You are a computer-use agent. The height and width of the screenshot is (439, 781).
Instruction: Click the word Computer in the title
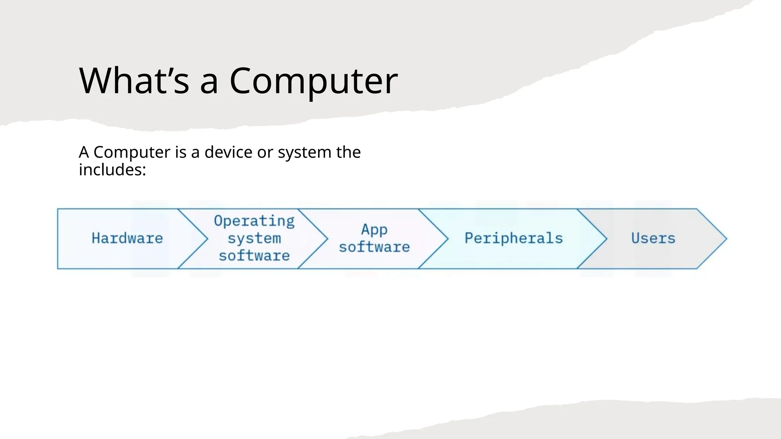pos(313,81)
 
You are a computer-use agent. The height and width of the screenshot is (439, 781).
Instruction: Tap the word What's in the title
pos(134,81)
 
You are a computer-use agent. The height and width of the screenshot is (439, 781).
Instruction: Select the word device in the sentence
pos(228,152)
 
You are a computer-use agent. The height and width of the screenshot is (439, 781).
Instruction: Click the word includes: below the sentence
pos(112,170)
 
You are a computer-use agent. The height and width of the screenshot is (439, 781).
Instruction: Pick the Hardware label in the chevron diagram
pos(127,239)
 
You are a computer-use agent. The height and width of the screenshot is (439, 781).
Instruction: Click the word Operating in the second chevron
pos(254,221)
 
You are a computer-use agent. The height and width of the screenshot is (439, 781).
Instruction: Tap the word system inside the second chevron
pos(254,239)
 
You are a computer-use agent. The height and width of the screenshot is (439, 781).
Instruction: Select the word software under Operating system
pos(254,256)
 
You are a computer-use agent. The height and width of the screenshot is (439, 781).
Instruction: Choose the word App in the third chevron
pos(374,229)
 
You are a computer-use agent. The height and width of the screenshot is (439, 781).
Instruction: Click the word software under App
pos(374,247)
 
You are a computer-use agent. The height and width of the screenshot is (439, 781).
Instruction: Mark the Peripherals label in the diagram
pos(513,239)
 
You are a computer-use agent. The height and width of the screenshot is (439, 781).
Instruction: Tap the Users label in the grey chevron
pos(653,239)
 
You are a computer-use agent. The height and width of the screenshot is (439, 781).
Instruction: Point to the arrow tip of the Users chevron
pos(726,239)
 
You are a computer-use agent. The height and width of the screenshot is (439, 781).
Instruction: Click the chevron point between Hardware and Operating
pos(207,239)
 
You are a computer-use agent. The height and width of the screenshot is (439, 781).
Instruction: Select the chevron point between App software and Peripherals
pos(447,239)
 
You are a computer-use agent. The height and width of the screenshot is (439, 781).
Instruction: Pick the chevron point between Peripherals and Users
pos(606,239)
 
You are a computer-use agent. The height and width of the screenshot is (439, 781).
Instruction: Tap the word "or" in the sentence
pos(265,152)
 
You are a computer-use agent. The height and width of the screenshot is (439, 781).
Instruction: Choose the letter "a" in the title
pos(209,82)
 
